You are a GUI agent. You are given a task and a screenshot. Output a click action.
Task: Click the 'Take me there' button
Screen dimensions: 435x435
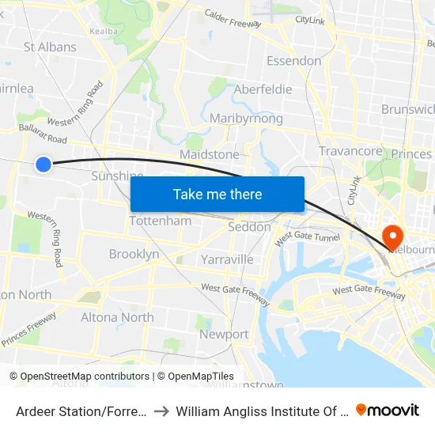click(217, 194)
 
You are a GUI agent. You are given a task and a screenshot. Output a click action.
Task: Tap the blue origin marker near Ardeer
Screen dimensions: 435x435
click(43, 164)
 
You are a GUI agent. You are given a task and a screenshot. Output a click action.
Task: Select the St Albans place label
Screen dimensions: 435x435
click(50, 47)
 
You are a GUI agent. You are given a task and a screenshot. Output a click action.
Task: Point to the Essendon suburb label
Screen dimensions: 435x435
click(293, 61)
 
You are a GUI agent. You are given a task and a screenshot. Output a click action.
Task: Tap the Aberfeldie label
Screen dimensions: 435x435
click(263, 90)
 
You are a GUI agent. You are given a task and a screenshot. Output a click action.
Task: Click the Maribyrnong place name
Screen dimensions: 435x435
click(246, 119)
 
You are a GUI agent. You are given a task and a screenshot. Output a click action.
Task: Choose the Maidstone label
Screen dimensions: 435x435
click(210, 154)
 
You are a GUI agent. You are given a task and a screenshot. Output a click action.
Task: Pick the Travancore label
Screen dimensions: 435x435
click(350, 150)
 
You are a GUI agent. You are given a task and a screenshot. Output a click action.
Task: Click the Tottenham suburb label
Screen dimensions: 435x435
click(160, 221)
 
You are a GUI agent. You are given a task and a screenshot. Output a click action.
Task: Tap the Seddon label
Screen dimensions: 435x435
click(249, 227)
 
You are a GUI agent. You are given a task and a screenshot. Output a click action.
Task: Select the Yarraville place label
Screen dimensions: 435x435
click(227, 259)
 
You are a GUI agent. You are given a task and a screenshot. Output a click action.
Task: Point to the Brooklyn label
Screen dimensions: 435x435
click(134, 254)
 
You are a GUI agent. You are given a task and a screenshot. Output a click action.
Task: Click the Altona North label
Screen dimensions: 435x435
click(117, 317)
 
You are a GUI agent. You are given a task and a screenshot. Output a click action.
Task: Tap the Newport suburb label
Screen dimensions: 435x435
click(224, 335)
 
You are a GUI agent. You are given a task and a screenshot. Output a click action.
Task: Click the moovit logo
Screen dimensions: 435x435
click(388, 410)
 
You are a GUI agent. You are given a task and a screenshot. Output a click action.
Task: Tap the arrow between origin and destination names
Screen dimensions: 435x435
click(161, 410)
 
